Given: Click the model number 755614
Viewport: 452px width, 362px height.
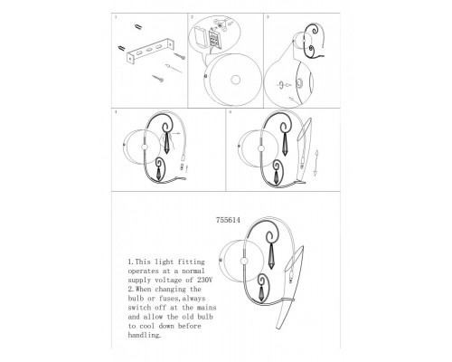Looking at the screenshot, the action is click(x=228, y=220).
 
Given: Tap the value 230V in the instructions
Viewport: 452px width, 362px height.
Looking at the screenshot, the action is click(x=205, y=280).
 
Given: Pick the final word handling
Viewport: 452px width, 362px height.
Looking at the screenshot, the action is click(x=145, y=335).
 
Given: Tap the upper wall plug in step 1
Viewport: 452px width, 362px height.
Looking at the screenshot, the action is click(x=138, y=27).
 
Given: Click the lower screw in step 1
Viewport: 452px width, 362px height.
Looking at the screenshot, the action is click(x=158, y=79).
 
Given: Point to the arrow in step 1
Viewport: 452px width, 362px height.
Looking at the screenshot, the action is click(x=174, y=68).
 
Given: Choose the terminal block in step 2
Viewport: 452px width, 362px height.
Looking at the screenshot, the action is click(x=214, y=39).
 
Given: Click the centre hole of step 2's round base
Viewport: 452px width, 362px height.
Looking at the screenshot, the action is click(x=236, y=80).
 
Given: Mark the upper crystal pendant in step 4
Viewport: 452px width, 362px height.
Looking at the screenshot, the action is click(x=166, y=143).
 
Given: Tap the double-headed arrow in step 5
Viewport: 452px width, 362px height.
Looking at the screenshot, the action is click(x=315, y=163).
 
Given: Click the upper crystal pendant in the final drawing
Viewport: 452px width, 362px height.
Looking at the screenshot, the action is click(x=272, y=257).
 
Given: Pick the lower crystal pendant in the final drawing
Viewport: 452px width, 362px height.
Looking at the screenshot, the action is click(x=261, y=292).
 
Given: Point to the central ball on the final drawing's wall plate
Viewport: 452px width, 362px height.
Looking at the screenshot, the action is click(x=244, y=262).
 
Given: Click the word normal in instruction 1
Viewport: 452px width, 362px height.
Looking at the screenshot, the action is click(x=193, y=271).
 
